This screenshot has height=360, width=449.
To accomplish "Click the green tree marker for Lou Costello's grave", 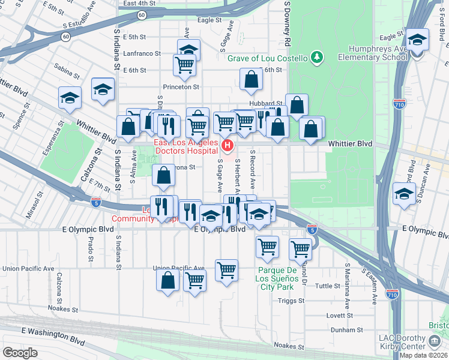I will [x=316, y=58].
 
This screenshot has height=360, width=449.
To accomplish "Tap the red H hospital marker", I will [x=227, y=145].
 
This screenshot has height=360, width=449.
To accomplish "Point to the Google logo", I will [x=20, y=352].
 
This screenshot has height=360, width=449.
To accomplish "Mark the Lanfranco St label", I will [x=142, y=53].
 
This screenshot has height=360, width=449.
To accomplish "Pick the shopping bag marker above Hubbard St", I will [x=251, y=79].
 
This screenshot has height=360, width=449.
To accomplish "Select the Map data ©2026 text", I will [x=424, y=355].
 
